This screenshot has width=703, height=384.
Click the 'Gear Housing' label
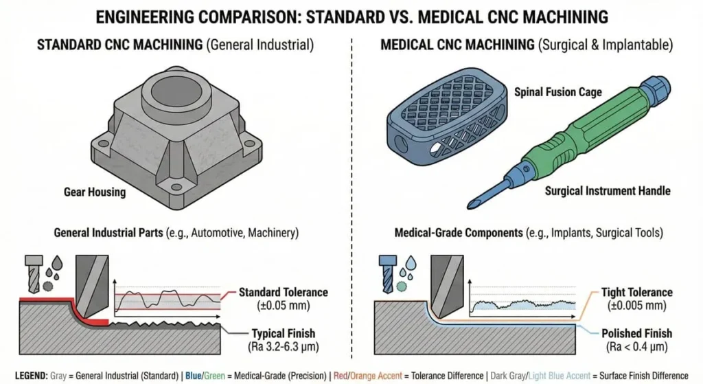point(95,192)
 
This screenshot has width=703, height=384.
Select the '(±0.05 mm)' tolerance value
point(273,305)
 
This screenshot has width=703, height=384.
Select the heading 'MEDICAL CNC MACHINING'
point(457,46)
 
